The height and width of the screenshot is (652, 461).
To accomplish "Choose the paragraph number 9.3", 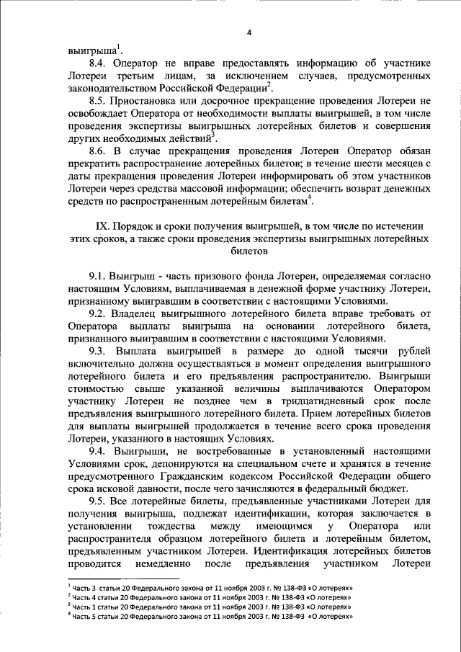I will (99, 350).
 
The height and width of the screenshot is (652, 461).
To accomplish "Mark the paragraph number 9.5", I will (99, 500).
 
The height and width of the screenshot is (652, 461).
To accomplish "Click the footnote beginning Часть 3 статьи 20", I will (208, 588).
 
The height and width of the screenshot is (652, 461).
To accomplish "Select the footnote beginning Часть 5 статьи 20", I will (208, 616).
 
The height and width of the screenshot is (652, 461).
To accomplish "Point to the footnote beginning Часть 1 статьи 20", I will (208, 607).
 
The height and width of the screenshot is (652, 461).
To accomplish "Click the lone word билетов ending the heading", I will (249, 253).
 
